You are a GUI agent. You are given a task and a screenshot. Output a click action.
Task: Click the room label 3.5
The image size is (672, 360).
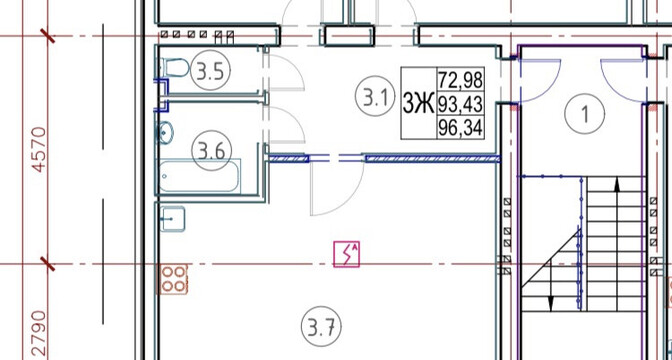210,71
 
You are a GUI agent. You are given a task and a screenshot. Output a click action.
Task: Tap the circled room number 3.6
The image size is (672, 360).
211,151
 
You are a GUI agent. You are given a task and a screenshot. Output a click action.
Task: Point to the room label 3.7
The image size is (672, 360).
321,327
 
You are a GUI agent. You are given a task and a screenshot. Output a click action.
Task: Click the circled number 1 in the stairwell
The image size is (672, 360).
585,113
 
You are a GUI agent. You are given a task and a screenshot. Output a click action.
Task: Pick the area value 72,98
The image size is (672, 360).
460,80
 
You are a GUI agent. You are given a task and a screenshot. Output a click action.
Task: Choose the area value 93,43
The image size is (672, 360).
460,104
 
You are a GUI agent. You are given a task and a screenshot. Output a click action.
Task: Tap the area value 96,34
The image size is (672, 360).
460,128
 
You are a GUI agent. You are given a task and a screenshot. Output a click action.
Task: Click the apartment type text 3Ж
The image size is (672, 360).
418,104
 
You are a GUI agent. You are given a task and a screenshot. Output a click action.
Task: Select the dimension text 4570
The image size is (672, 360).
39,150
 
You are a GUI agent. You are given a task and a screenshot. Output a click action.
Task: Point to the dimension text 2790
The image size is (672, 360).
39,334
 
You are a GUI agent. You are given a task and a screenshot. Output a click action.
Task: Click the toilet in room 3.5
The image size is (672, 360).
174,68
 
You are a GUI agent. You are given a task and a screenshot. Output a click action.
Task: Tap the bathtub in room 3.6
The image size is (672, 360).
199,176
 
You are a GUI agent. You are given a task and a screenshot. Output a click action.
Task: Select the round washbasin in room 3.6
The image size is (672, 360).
165,132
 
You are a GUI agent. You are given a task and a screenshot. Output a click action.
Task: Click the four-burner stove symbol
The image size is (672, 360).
174,279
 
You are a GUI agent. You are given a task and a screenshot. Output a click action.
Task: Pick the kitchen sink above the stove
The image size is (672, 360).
173,219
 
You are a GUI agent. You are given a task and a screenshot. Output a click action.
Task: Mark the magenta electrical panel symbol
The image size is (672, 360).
346,254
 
